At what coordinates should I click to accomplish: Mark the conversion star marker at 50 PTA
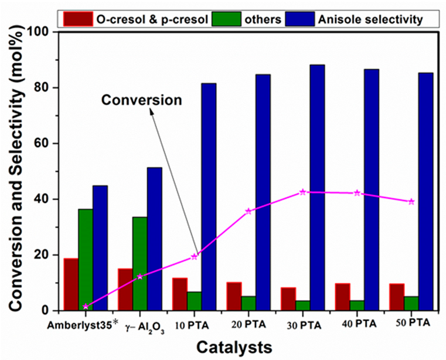click(x=411, y=201)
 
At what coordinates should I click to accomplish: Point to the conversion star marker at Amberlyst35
click(x=86, y=306)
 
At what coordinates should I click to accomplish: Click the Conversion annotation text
click(x=142, y=100)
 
